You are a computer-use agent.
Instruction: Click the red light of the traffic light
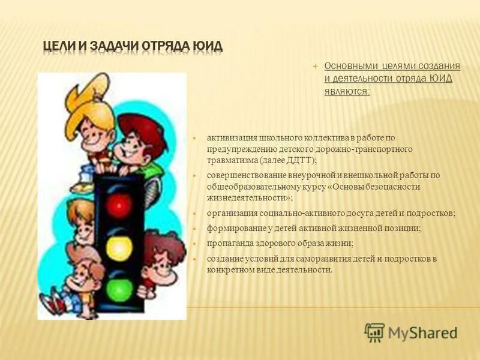coord(118,205)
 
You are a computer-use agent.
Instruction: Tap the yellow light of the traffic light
coord(118,247)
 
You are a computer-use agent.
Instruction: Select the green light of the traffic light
coord(118,289)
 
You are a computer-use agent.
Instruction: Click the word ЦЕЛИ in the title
coord(59,47)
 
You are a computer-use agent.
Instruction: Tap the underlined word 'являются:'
coord(347,91)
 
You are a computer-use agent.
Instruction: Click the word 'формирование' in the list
coord(230,228)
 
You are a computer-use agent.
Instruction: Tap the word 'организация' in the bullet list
coord(229,214)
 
